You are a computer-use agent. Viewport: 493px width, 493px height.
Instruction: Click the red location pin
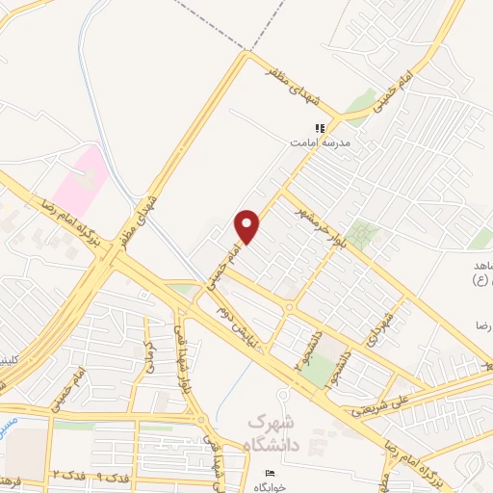[x=247, y=226]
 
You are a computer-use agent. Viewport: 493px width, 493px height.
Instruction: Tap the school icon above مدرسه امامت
[x=321, y=127]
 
